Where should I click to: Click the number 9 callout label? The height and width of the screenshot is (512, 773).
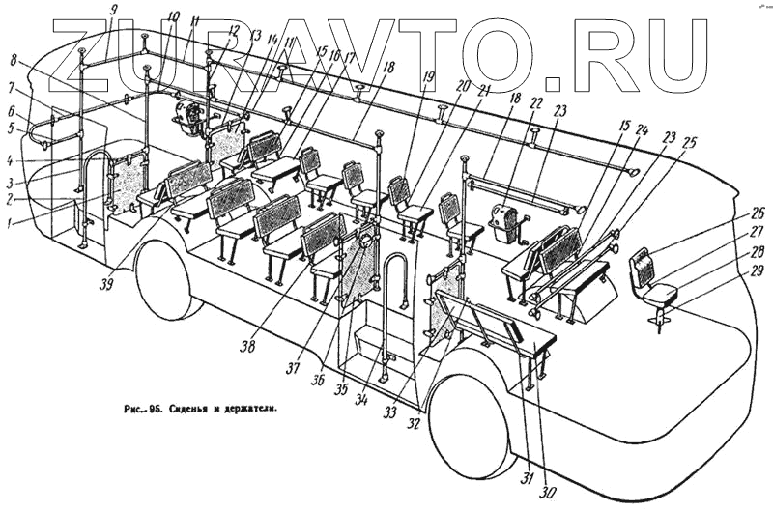(115, 11)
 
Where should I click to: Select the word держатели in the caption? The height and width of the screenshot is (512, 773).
(249, 409)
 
